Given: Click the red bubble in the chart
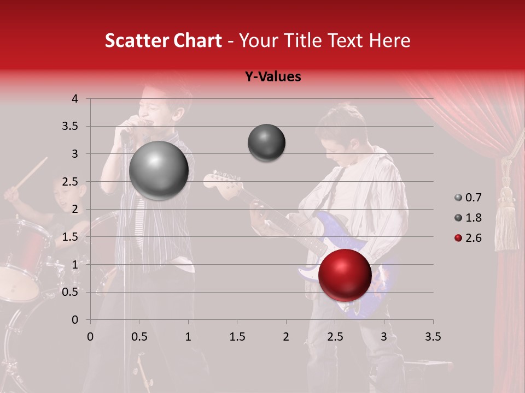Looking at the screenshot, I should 345,275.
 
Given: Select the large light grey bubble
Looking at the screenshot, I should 159,170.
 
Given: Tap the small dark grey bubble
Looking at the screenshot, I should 266,142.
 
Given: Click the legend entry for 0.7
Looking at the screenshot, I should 468,198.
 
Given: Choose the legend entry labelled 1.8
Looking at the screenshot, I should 468,218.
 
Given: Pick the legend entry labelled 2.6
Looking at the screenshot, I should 468,238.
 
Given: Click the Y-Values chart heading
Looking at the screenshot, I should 272,77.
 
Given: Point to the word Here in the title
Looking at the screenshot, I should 389,40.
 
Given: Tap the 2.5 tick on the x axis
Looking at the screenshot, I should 335,337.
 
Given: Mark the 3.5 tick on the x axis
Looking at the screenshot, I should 433,337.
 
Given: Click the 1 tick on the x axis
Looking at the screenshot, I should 188,337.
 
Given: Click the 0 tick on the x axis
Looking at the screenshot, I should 90,337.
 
